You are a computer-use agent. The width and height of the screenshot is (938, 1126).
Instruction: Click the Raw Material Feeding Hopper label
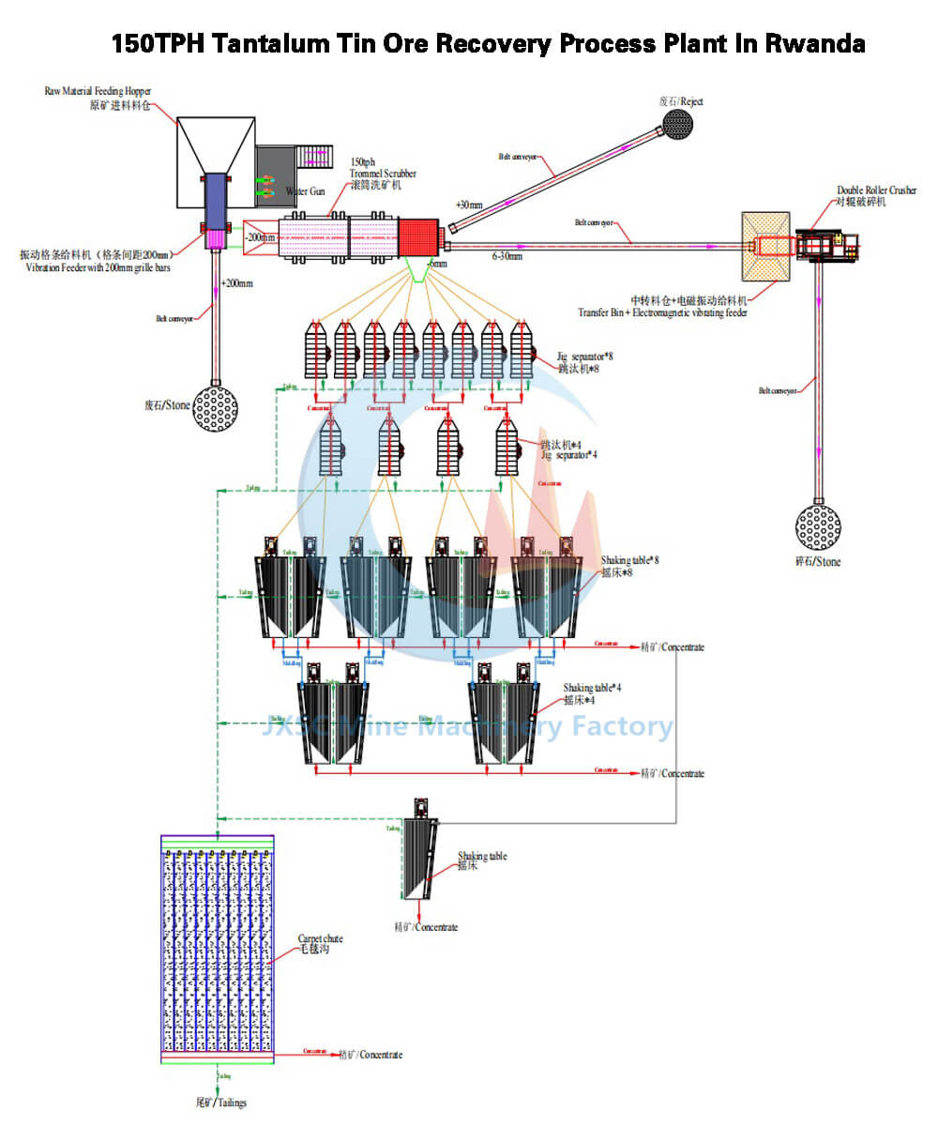[x=98, y=91]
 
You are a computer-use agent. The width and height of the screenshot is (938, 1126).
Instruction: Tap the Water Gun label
[x=305, y=191]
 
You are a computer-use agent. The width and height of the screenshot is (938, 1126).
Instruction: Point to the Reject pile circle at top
[x=676, y=123]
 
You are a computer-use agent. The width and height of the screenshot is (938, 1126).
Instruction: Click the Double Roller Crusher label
[x=877, y=191]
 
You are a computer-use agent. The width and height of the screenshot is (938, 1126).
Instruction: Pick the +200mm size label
[x=235, y=282]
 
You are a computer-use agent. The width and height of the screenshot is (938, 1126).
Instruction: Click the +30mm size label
[x=469, y=204]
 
